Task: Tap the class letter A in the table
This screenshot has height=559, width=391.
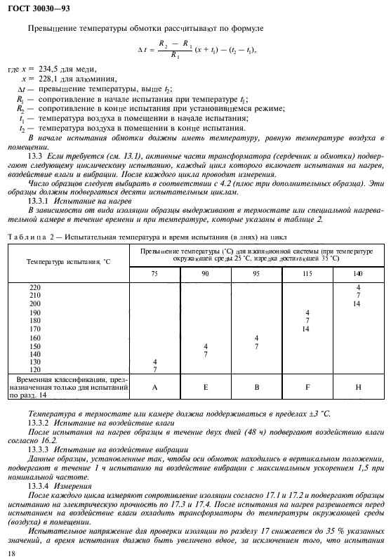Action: pos(154,386)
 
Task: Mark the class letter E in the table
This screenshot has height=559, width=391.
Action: pos(206,386)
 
